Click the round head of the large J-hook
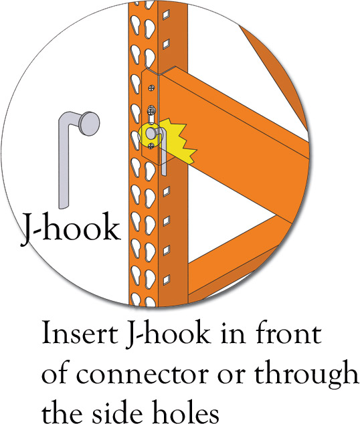pyautogui.click(x=90, y=123)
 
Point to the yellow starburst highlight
pyautogui.click(x=176, y=140)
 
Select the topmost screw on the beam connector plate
pyautogui.click(x=152, y=88)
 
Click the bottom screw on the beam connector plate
pyautogui.click(x=151, y=146)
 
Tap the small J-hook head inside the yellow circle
pyautogui.click(x=151, y=133)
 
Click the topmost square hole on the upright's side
pyautogui.click(x=166, y=14)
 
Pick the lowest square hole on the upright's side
pyautogui.click(x=166, y=280)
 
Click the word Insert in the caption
pyautogui.click(x=80, y=332)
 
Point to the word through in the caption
pyautogui.click(x=306, y=375)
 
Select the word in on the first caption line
pyautogui.click(x=234, y=332)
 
